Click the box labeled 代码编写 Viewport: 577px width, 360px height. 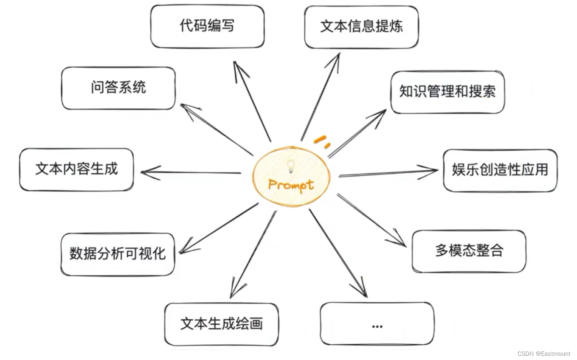pos(207,26)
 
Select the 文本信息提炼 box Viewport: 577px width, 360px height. pos(361,27)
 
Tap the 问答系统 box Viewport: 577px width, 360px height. pos(118,88)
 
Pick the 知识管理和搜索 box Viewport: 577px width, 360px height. pos(448,92)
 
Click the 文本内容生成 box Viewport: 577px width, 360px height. pos(76,169)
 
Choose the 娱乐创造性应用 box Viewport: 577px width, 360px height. pos(500,170)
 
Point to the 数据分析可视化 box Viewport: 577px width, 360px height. pos(118,254)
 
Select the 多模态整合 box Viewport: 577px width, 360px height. pos(469,251)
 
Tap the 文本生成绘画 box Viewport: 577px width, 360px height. pos(222,324)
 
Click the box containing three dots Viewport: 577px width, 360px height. pos(377,323)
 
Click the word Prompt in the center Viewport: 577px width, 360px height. pos(291,185)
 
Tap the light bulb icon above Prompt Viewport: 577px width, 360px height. pos(291,166)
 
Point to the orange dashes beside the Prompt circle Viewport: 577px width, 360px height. pos(321,141)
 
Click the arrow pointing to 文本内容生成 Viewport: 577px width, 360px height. pos(191,172)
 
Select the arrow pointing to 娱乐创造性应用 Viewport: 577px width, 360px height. pos(388,173)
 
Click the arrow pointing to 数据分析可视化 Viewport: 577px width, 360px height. pos(219,228)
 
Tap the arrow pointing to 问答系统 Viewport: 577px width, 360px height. pos(217,129)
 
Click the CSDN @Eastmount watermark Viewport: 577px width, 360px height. pos(544,353)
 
